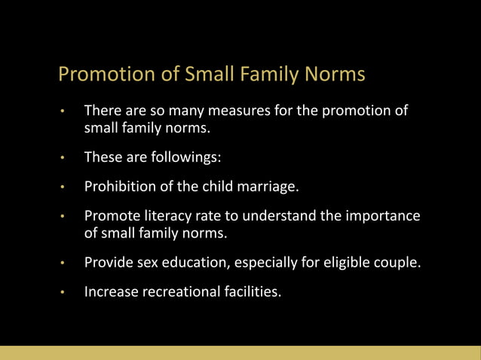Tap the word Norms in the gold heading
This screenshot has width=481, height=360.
tap(335, 75)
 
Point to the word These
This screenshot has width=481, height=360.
tap(103, 158)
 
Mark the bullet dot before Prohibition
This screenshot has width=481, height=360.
tap(65, 188)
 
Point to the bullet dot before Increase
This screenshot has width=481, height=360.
tap(65, 291)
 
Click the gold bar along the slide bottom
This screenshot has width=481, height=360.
tap(240, 352)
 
